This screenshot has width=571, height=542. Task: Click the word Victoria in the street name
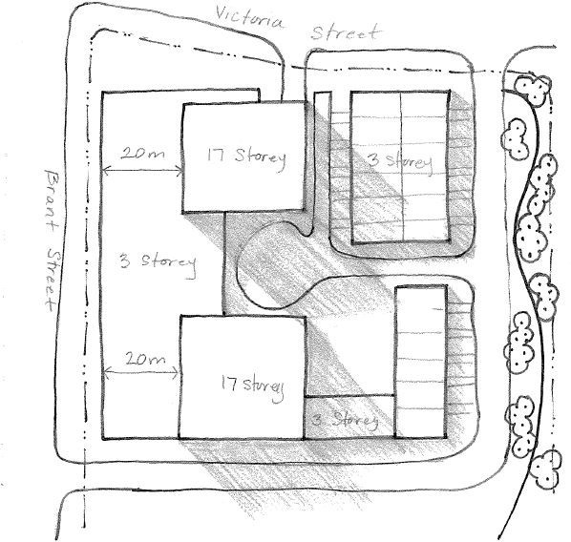(x=249, y=17)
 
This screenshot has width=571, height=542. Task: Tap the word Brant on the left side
(x=51, y=201)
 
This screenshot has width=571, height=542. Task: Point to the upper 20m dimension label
(x=142, y=154)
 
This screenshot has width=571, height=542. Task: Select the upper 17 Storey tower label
(x=246, y=157)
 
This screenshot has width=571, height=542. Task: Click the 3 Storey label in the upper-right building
(x=400, y=162)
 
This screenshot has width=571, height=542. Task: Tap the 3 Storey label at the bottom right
(x=345, y=421)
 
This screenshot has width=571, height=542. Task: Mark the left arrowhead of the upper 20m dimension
(x=104, y=170)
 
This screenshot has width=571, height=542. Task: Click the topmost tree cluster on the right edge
(x=533, y=89)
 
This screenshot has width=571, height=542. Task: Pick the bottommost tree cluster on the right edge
(x=545, y=469)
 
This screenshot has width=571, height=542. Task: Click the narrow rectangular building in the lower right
(x=421, y=362)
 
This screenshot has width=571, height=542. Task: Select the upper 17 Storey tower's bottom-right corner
(x=303, y=210)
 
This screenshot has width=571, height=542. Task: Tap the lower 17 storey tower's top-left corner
(x=181, y=317)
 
